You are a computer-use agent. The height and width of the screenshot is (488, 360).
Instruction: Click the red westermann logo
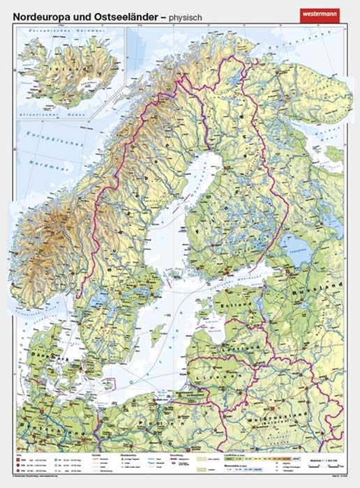coord(322,13)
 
